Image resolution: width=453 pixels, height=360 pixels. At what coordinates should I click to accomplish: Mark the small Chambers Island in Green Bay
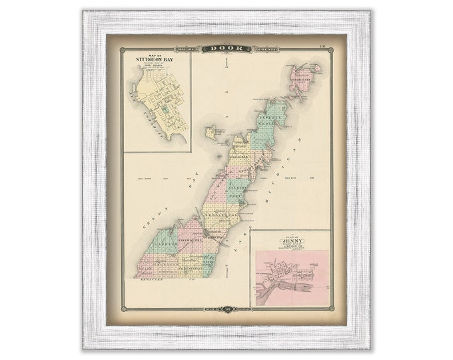coord(211,133)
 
